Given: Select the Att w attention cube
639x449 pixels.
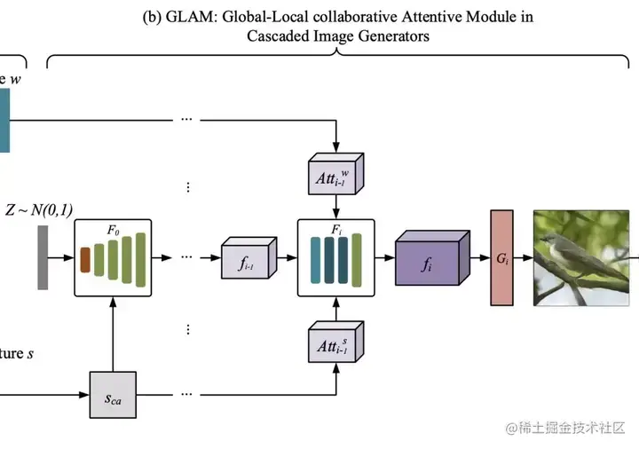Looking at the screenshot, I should tap(334, 177).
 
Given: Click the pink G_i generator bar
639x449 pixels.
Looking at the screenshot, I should tap(501, 258).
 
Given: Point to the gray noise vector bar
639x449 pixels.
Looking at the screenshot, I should tap(43, 257).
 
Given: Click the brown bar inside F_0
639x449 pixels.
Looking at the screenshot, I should tap(85, 259).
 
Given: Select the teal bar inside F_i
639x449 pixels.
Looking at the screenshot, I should tap(315, 258).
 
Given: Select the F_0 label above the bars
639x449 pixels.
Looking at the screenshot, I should tap(113, 230).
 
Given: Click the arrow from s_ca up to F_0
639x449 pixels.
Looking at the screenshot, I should tap(113, 334).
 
